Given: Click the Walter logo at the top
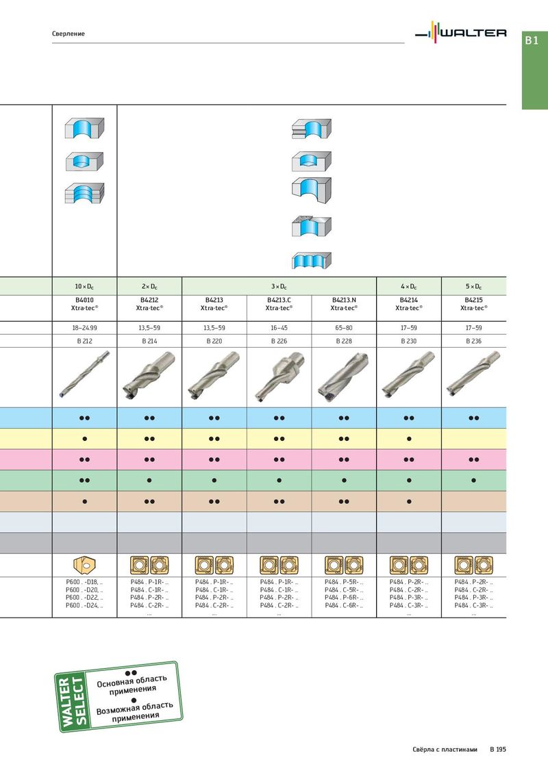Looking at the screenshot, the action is (460, 32).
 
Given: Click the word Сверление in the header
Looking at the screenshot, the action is (68, 34).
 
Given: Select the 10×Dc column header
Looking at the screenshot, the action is (84, 287).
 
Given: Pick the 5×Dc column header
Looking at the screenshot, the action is (473, 287).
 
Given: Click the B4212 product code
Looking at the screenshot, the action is (149, 300).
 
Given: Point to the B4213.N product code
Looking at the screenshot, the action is (344, 300).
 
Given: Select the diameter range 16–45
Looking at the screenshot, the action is (279, 328).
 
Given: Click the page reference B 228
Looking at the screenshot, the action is (344, 341).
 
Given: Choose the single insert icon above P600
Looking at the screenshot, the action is (84, 565).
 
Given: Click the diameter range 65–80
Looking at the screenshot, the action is (344, 328).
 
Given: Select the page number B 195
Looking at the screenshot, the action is (498, 749).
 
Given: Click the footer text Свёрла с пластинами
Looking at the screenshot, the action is (445, 749).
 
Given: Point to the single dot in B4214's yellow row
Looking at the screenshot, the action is (409, 439).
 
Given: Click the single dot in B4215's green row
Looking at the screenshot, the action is (474, 481).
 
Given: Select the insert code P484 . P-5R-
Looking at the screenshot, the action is (344, 582).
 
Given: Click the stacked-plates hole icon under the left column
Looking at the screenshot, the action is (84, 193).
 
